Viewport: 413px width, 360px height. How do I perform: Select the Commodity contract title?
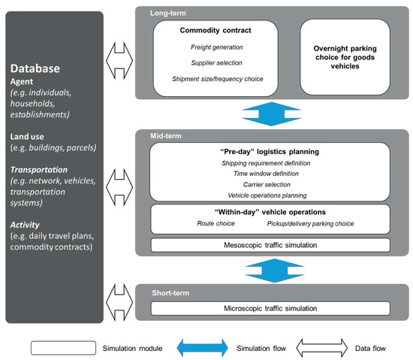(216, 30)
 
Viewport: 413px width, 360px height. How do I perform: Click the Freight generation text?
(216, 47)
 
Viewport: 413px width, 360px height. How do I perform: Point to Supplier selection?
(216, 62)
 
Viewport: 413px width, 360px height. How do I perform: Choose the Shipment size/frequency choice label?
(216, 78)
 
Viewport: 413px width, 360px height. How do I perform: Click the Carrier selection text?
(270, 184)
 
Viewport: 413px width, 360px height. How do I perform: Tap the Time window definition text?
(270, 174)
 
